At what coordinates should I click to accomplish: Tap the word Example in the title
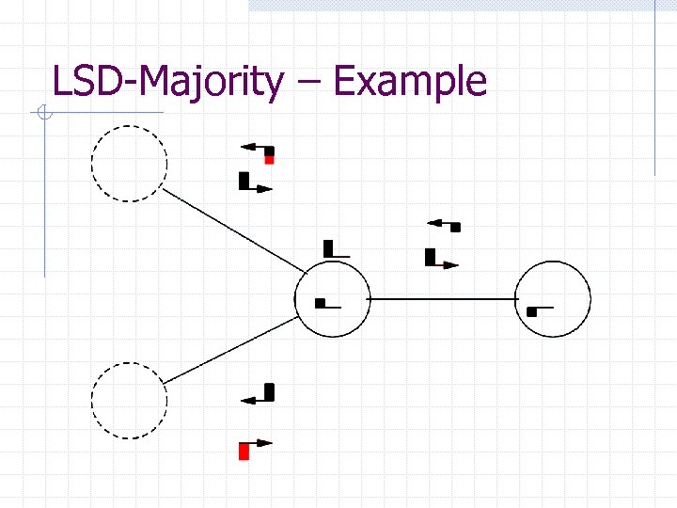point(410,82)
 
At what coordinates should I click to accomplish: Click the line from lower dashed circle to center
point(233,348)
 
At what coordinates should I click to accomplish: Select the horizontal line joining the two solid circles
point(443,297)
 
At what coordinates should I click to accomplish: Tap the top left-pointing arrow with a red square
point(258,151)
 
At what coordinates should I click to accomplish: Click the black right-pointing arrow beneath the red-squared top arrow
point(255,183)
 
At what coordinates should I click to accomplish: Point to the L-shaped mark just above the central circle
point(335,249)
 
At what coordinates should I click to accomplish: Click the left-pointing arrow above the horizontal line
point(444,224)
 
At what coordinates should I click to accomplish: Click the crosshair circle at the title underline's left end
point(43,115)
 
